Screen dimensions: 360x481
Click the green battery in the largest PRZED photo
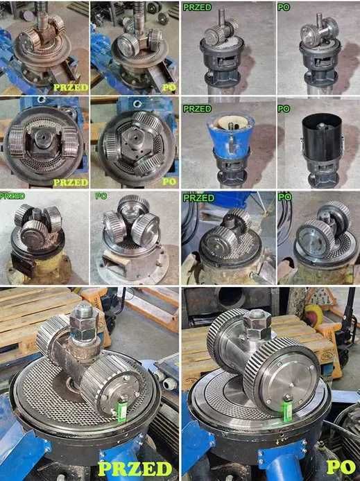tap(122, 411)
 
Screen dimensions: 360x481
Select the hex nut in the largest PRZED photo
tap(83, 323)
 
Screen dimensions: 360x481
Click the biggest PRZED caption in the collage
tap(135, 469)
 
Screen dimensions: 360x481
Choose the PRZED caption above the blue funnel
tap(197, 109)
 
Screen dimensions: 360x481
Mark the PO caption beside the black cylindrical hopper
tap(284, 109)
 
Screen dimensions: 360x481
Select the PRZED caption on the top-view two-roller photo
tap(71, 182)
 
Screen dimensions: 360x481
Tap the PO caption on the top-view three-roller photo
tap(169, 182)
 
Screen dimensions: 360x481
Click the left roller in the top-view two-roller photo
tap(17, 143)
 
